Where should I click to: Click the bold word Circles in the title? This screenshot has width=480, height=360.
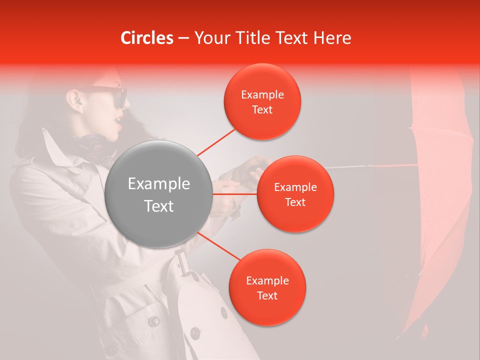point(147,38)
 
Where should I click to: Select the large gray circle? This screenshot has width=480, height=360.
point(159,194)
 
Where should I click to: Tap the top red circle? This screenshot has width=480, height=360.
point(262,101)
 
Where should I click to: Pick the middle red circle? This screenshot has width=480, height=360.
point(295,194)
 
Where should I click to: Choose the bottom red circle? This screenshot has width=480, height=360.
point(267,287)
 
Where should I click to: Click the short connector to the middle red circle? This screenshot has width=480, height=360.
point(235,194)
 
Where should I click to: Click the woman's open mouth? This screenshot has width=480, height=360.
point(117,121)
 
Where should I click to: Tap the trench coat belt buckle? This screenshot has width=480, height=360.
point(183,263)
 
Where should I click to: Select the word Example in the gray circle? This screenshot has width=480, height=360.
point(159,184)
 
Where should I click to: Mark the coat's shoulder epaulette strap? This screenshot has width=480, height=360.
point(35,160)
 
